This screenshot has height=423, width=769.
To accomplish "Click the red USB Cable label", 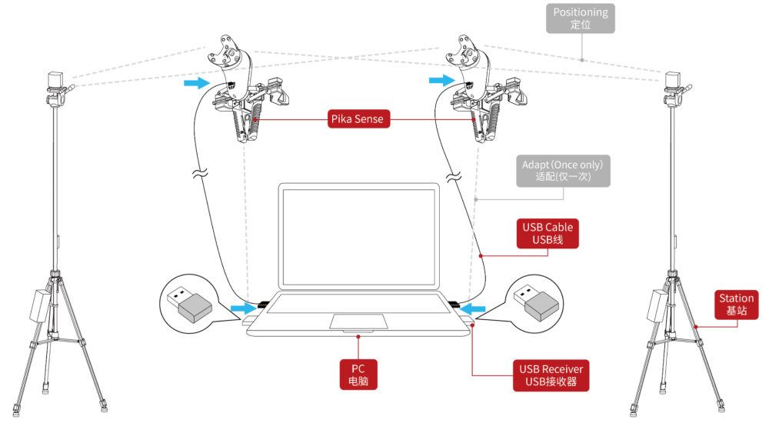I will point(548,234).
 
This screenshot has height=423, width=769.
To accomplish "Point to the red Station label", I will point(736,305).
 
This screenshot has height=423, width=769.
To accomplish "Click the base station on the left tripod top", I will point(56,81).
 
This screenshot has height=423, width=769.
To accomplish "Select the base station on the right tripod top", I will point(675,81).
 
